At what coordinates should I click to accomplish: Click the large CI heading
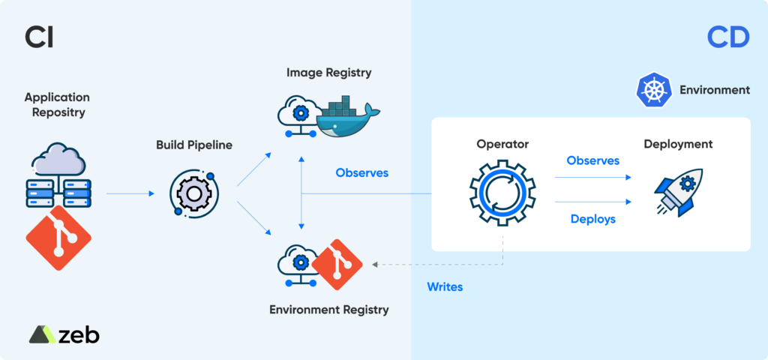[x=38, y=37]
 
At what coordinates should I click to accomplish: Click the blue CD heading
[x=727, y=37]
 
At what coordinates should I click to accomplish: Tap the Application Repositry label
[x=57, y=105]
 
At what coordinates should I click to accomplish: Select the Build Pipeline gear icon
[x=194, y=193]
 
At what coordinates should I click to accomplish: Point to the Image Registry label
[x=329, y=73]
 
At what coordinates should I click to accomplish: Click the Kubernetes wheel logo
[x=652, y=90]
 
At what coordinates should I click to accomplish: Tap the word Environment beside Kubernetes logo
[x=714, y=90]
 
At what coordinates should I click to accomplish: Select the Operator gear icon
[x=502, y=193]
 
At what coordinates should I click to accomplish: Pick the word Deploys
[x=592, y=219]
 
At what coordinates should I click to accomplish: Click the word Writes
[x=445, y=286]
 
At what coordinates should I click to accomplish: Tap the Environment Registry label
[x=329, y=308]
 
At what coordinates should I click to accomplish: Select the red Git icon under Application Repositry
[x=58, y=238]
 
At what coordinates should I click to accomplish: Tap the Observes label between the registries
[x=362, y=172]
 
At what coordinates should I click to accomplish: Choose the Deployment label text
[x=678, y=144]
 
